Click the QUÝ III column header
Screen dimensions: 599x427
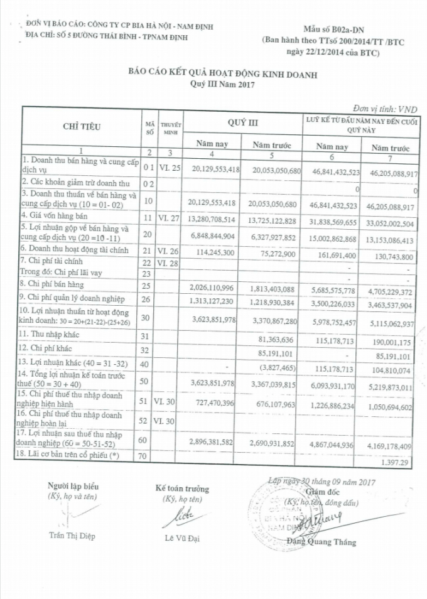(243, 122)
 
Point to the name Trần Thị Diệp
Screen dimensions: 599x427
(73, 536)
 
